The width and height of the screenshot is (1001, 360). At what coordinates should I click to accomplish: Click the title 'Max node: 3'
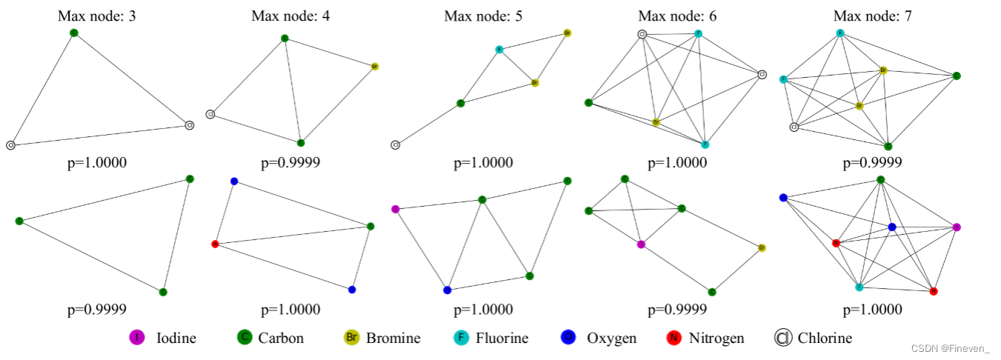[96, 16]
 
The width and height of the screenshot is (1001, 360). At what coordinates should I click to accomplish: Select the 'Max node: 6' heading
[677, 16]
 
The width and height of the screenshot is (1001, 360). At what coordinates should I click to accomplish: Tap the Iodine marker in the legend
[136, 338]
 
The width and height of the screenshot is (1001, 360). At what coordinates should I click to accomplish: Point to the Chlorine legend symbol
[782, 338]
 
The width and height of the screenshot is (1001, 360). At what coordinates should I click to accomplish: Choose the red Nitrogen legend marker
[674, 338]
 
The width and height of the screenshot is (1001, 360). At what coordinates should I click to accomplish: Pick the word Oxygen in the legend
[611, 338]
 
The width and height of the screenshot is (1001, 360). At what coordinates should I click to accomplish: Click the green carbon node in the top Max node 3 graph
[73, 33]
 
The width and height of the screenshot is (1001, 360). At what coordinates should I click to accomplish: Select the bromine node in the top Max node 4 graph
[375, 67]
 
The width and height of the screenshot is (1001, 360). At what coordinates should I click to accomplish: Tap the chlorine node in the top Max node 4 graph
[210, 114]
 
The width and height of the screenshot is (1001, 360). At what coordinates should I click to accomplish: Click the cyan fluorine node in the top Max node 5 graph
[499, 50]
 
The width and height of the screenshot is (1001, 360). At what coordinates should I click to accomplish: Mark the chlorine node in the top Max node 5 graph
[396, 144]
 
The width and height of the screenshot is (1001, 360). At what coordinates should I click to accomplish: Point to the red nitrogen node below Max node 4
[215, 244]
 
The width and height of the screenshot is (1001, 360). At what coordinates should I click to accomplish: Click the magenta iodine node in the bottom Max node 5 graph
[395, 209]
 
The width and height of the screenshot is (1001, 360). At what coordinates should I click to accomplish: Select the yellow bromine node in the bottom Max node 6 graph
[762, 247]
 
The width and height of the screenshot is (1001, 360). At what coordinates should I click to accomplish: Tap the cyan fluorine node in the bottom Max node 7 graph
[859, 287]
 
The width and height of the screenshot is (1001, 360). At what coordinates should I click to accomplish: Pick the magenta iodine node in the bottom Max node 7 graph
[957, 227]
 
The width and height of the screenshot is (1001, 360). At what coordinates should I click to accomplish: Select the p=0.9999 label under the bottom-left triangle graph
[96, 309]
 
